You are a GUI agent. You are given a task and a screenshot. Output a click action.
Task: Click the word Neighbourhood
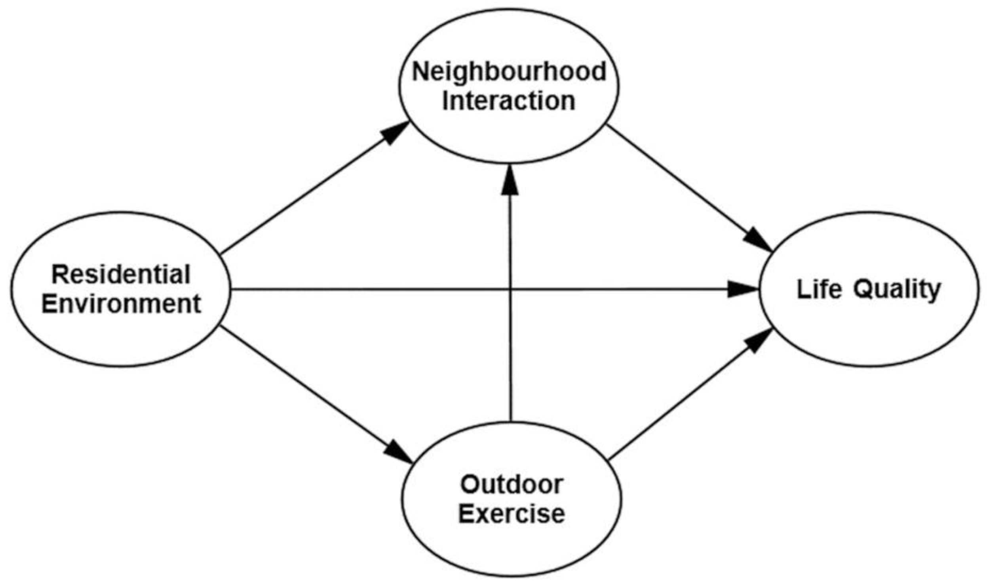(x=509, y=72)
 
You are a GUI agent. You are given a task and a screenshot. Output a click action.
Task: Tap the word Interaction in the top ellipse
(x=509, y=101)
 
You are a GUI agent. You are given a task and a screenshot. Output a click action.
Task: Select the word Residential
(x=121, y=275)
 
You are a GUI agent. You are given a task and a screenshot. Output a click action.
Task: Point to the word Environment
(x=121, y=304)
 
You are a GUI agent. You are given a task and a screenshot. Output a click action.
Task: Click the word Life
(x=819, y=289)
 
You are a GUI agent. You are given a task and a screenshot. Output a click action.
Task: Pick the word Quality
(x=896, y=290)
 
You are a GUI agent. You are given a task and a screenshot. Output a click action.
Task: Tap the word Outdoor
(x=512, y=484)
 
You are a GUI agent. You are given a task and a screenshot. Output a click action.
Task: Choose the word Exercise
(x=512, y=514)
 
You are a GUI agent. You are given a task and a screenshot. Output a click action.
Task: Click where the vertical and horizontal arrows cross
(x=510, y=289)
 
